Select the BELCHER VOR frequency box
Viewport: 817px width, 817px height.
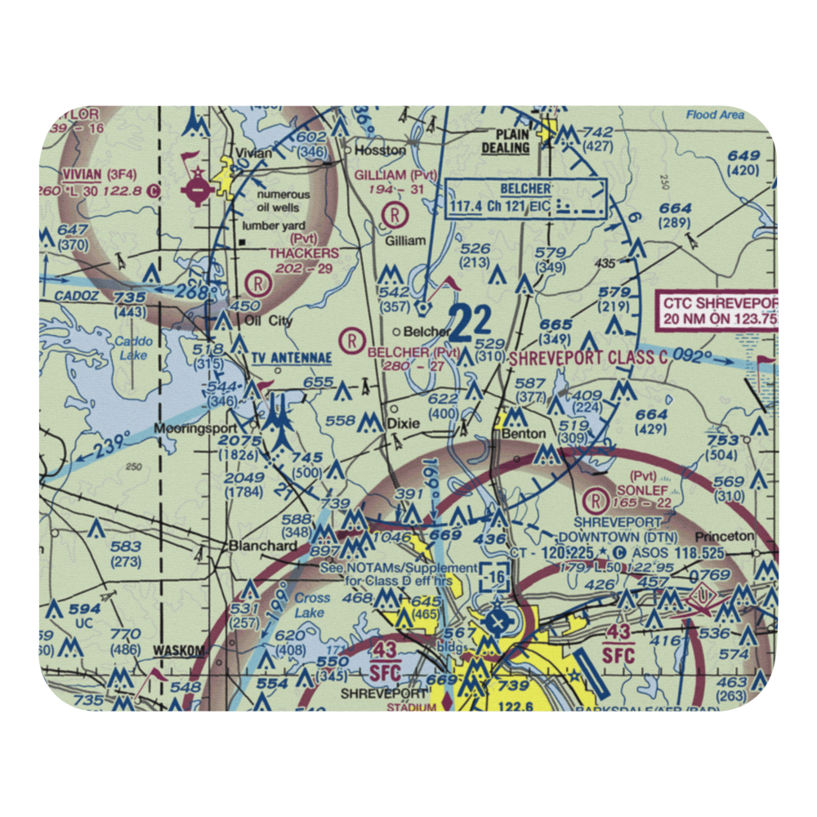pos(526,199)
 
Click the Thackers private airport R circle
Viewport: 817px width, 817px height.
pos(259,283)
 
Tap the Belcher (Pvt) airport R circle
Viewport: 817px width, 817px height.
pos(352,338)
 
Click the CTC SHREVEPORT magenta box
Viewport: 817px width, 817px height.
pos(719,311)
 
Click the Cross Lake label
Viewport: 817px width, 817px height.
pos(312,605)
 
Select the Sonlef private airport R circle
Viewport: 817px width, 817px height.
pos(598,498)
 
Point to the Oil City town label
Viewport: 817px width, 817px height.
pos(269,321)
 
